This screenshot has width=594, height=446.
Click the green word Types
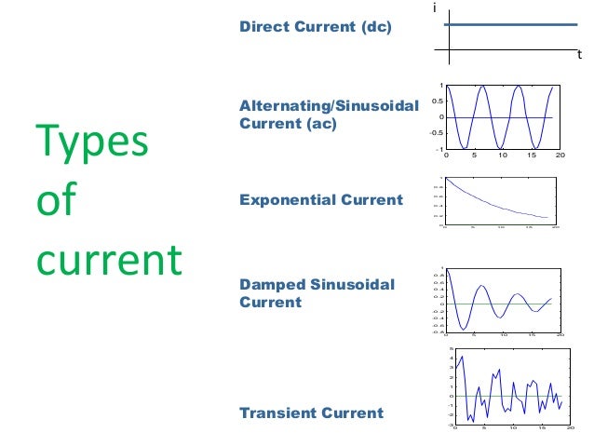[x=91, y=142]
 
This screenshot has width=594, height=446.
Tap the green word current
[x=108, y=261]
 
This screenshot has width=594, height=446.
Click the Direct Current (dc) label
[x=316, y=28]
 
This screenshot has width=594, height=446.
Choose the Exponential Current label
[x=321, y=199]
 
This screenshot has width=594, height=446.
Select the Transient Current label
[x=311, y=412]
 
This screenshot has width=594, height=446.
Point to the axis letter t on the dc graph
[x=578, y=55]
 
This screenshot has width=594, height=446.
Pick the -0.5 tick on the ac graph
[x=434, y=133]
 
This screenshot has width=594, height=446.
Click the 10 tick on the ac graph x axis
[x=503, y=155]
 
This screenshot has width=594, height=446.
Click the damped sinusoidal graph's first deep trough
[x=461, y=329]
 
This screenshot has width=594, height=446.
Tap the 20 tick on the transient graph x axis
[x=570, y=428]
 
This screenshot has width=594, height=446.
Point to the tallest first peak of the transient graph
[x=462, y=358]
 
